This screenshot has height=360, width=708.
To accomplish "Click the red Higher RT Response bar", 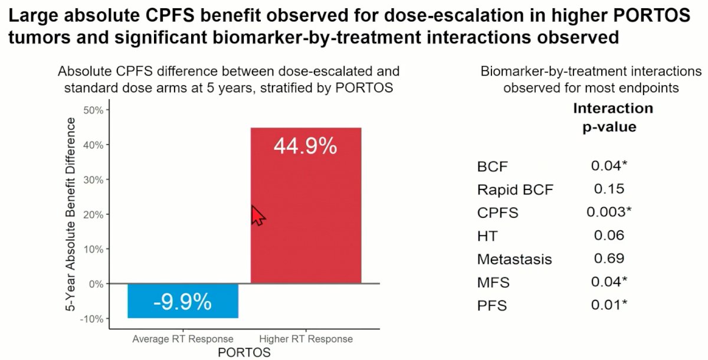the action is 306,205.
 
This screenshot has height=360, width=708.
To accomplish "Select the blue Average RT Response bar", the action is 183,301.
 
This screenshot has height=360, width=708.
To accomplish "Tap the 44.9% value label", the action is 306,146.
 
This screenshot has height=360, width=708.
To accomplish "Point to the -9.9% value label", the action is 183,302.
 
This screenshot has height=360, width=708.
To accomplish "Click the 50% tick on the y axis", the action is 93,110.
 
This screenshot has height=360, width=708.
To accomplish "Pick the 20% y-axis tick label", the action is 93,215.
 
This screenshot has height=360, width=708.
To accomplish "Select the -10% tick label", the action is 91,319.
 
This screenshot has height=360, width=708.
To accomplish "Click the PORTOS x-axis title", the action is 244,352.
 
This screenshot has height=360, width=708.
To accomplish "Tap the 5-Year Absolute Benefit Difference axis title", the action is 70,214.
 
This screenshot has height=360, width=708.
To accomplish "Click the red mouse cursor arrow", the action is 258,215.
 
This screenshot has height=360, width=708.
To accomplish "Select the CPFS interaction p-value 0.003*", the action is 609,212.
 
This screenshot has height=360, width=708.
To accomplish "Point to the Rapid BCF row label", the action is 515,189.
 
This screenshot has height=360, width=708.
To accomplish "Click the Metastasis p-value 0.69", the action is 609,258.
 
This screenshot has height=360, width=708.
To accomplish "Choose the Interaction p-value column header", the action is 612,117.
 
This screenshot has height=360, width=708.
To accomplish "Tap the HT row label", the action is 487,236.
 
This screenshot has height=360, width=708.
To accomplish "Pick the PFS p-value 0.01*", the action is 609,305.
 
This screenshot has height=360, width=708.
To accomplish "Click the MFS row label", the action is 493,282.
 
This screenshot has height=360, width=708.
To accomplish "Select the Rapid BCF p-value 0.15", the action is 609,189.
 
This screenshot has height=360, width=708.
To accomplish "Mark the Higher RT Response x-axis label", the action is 306,339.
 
